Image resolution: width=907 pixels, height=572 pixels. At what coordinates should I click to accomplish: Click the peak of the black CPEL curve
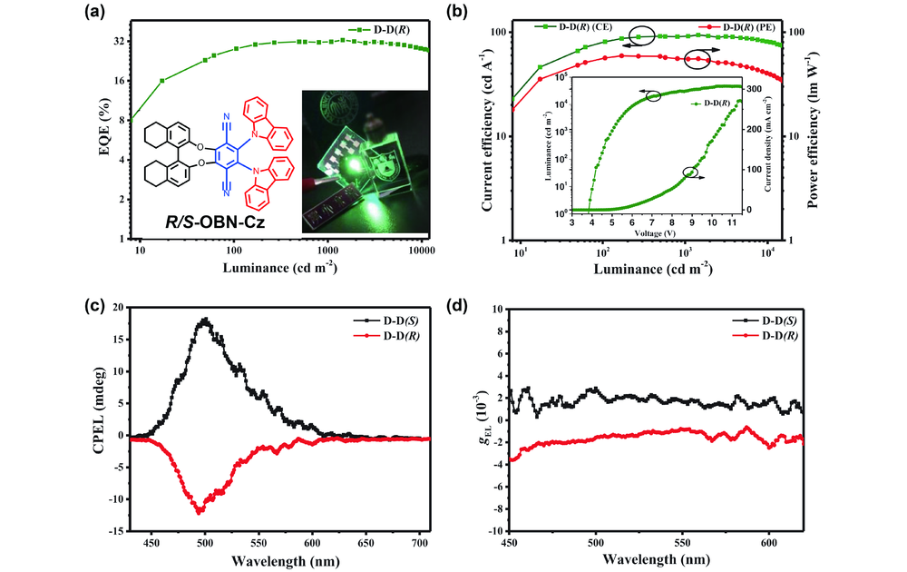click(x=206, y=320)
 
